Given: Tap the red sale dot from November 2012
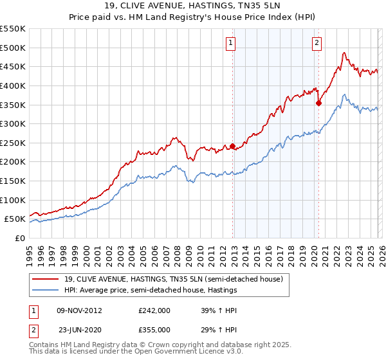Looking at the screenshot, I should click(232, 146).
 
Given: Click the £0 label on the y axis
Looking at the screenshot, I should click(21, 238).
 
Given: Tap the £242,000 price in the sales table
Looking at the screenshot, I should click(154, 310).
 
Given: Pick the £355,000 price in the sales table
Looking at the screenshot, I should click(154, 329).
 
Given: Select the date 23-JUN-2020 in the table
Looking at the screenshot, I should click(80, 329).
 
